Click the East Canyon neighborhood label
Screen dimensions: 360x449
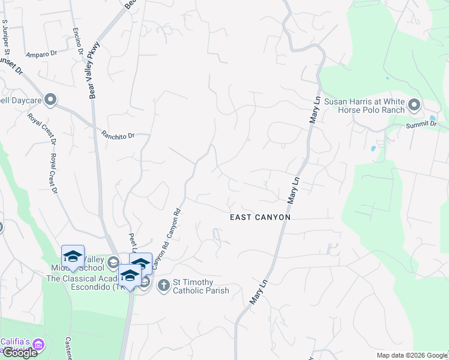pyautogui.click(x=261, y=217)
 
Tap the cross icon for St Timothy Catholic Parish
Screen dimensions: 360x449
pyautogui.click(x=163, y=286)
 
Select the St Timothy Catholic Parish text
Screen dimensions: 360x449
pyautogui.click(x=201, y=286)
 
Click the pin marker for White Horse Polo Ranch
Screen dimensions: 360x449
pyautogui.click(x=414, y=106)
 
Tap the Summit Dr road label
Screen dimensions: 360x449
pyautogui.click(x=421, y=124)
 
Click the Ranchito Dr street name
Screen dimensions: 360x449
pyautogui.click(x=118, y=135)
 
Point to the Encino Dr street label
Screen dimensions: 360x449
pyautogui.click(x=77, y=41)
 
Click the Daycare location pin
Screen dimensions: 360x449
pyautogui.click(x=50, y=100)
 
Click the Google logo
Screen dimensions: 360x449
pyautogui.click(x=19, y=353)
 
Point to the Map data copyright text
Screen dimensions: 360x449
pyautogui.click(x=411, y=355)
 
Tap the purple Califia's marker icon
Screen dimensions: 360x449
pyautogui.click(x=38, y=344)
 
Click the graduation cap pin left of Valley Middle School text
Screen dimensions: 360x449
pyautogui.click(x=73, y=257)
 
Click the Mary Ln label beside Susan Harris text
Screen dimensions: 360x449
pyautogui.click(x=315, y=110)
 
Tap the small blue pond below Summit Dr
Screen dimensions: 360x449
pyautogui.click(x=374, y=148)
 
